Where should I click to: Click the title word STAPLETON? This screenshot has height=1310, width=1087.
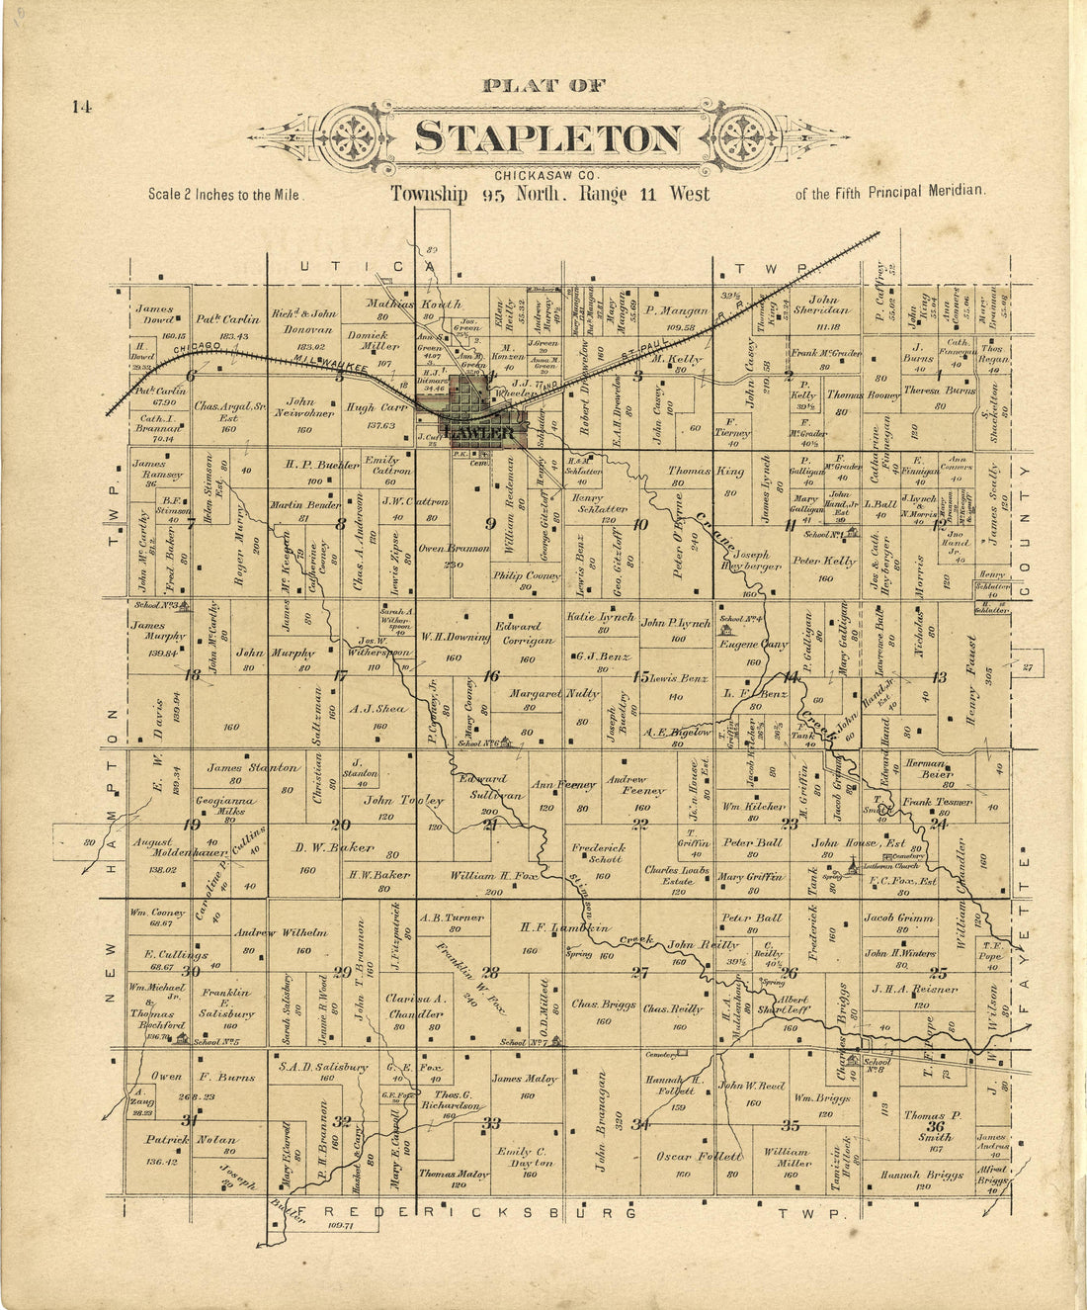547,137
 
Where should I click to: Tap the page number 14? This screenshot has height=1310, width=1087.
81,107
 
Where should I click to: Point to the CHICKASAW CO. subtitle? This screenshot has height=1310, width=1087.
546,176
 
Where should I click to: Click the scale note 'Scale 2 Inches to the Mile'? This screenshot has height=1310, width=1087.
223,195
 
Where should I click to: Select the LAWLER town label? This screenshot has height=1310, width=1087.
479,433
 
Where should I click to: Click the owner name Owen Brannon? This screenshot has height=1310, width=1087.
454,548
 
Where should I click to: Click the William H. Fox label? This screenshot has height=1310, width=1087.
491,876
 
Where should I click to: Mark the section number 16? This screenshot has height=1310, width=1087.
491,676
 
